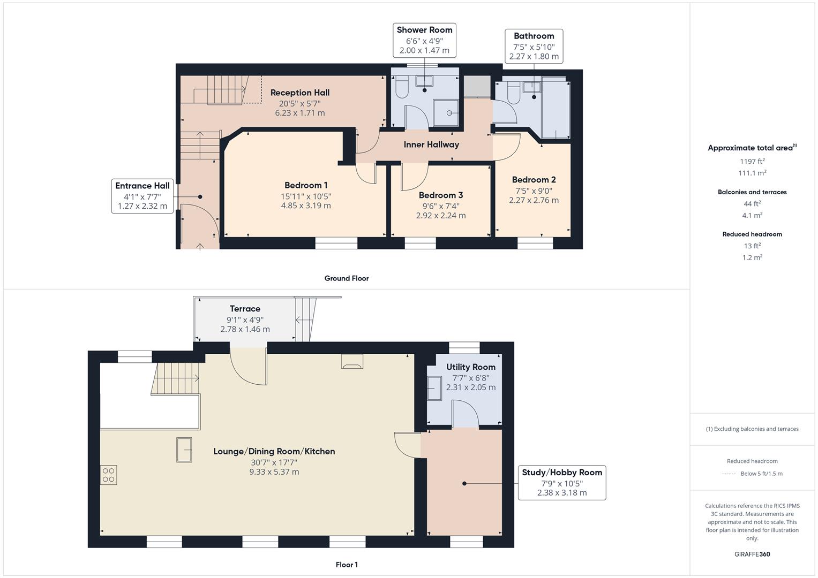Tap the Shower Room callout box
point(424,40)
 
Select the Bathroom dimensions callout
point(534,46)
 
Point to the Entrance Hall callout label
point(142,196)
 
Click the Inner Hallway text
point(431,144)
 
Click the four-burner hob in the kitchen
point(109,475)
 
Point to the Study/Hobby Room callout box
point(562,482)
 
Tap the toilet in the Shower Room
point(401,87)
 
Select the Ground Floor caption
point(347,278)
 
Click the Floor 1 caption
point(347,565)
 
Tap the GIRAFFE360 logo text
point(752,554)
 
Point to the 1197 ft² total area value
point(752,161)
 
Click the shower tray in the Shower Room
point(446,113)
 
